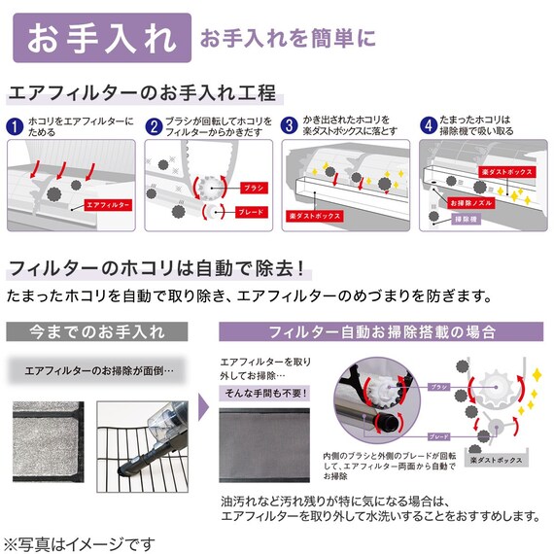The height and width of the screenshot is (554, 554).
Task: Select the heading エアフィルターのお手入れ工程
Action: tap(142, 94)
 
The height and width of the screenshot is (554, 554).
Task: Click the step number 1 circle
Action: tap(15, 126)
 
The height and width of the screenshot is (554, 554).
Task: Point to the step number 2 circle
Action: tap(154, 126)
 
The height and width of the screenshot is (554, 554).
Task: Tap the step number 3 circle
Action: tap(290, 126)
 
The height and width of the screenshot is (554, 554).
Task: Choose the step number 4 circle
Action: tap(428, 126)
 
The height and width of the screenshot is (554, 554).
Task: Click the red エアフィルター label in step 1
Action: tap(108, 205)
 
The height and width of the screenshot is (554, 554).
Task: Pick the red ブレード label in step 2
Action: tap(248, 210)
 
